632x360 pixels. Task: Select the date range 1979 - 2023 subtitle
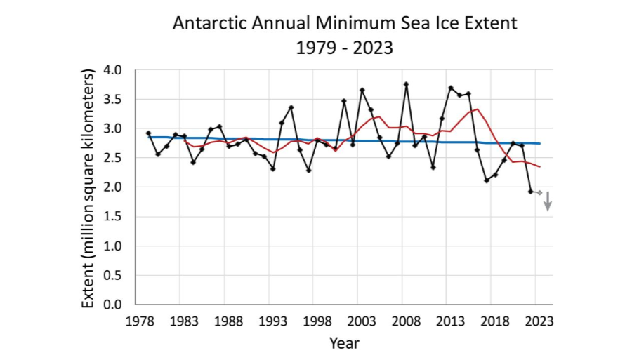345,50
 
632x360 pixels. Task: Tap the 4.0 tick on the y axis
113,70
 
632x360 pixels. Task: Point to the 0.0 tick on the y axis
113,305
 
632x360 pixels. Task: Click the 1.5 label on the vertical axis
113,217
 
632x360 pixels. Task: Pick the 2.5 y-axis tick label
113,159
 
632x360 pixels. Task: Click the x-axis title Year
345,343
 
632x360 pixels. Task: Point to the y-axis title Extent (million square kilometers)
88,188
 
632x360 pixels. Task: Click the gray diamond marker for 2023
539,192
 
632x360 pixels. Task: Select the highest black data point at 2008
406,84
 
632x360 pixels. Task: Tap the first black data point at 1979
148,133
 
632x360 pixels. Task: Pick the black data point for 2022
530,192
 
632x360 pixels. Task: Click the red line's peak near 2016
478,109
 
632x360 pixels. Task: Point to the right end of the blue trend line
539,143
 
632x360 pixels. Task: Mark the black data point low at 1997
308,171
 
